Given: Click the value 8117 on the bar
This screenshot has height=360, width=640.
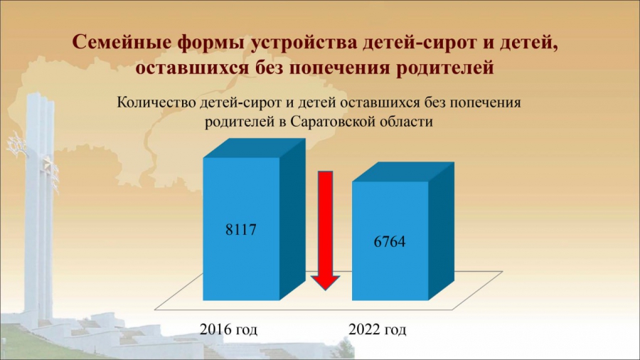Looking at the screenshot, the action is [241, 229].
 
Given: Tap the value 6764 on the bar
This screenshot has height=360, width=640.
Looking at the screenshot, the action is [390, 241].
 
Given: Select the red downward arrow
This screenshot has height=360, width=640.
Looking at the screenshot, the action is [325, 231].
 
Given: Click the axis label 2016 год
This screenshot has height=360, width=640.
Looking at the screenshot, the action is [228, 329].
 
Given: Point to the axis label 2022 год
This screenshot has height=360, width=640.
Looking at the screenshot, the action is [377, 329].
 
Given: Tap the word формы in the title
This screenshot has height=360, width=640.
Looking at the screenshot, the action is [211, 43].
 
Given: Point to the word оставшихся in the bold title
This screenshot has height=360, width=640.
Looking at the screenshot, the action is [191, 68].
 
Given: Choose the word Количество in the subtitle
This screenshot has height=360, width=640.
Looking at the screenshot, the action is [156, 102].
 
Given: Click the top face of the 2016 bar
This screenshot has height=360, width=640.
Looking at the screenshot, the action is [254, 148].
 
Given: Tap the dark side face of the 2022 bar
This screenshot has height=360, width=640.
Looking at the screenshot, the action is [441, 231].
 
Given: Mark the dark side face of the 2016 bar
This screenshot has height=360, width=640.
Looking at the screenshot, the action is [292, 219].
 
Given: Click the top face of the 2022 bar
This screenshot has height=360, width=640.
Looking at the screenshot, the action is [403, 172].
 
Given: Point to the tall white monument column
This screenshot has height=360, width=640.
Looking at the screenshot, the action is [39, 204].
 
